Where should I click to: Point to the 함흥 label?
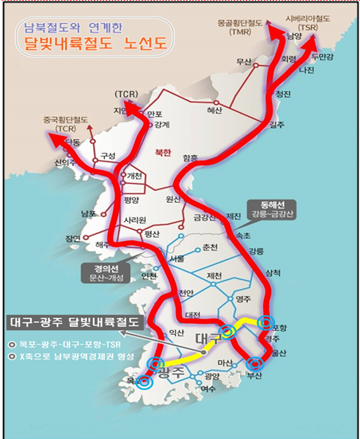(x=192, y=158)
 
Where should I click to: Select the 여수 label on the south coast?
(x=208, y=389)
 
